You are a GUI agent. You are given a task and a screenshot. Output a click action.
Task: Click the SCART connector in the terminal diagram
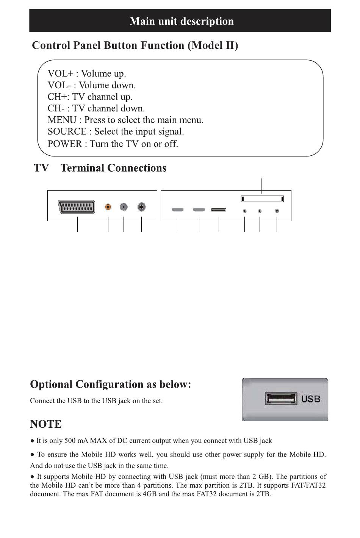[x=77, y=207]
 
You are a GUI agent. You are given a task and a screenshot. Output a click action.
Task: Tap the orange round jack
[x=108, y=207]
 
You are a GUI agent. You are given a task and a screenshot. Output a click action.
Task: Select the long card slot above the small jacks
[x=262, y=199]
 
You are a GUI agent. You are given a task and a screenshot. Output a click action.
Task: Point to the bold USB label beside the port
[x=311, y=399]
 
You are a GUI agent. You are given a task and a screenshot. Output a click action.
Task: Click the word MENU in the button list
[x=62, y=120]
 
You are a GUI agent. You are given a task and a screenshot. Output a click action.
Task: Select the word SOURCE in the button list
[x=67, y=132]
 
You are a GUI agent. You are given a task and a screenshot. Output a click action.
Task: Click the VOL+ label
[x=61, y=74]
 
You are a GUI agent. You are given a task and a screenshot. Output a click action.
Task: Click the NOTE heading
[x=45, y=424]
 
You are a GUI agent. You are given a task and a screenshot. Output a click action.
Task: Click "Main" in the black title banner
[x=142, y=21]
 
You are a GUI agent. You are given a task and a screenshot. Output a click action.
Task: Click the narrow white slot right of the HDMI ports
[x=219, y=210]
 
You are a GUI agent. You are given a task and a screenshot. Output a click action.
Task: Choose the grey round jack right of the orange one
[x=124, y=207]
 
